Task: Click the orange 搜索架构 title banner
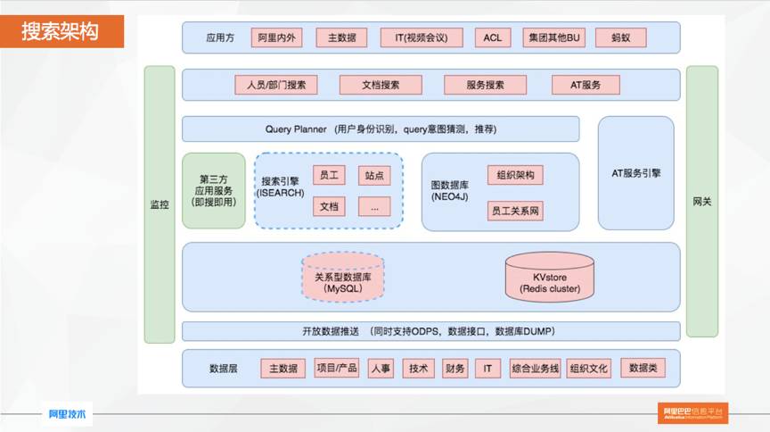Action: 61,32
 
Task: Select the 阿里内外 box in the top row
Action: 278,37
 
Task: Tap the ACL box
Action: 493,37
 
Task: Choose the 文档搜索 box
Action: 380,85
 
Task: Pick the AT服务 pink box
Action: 586,85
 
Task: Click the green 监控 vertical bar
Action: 160,204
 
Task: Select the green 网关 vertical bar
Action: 702,204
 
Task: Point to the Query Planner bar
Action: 381,129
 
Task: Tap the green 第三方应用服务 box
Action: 213,190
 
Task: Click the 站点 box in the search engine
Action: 374,176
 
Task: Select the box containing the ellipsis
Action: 374,206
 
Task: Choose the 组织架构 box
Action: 515,176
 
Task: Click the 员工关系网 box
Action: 515,212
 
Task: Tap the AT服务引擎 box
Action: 636,172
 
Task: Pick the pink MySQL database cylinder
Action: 342,277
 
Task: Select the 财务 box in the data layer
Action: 455,368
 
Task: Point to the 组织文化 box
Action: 589,368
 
